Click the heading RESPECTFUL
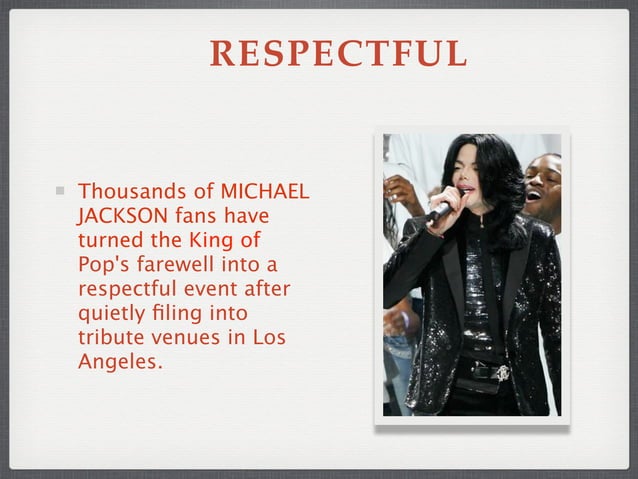(338, 55)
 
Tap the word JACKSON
(119, 215)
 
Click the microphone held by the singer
(441, 211)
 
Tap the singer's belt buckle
(501, 373)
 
